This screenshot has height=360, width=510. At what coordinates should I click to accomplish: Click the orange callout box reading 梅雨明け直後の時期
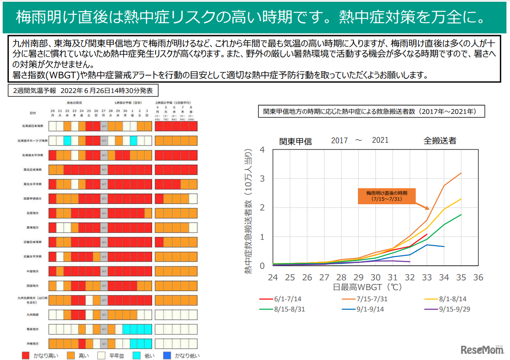387,196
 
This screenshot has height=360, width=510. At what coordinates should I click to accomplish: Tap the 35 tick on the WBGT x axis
461,277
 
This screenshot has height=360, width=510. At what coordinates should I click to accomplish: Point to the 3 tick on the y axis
262,178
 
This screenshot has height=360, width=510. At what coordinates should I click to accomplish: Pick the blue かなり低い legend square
167,355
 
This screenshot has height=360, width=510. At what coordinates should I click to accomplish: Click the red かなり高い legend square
26,355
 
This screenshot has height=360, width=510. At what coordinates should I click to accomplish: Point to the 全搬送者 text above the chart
439,141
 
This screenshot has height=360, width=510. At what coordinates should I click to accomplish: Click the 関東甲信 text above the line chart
295,142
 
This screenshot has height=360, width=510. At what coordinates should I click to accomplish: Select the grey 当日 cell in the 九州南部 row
104,314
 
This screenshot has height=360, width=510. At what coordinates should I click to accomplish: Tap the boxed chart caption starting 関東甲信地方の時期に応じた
371,112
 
